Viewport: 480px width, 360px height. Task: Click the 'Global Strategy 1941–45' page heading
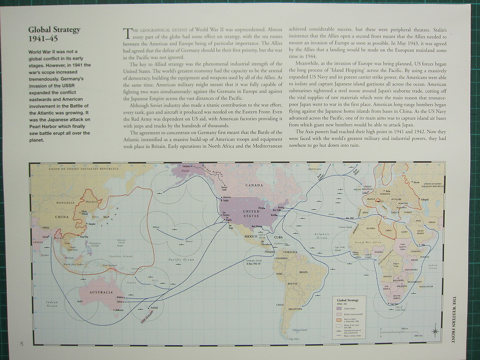(x=54, y=34)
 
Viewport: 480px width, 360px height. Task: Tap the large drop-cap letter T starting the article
(x=127, y=33)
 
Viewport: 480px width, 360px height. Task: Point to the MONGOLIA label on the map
(x=65, y=203)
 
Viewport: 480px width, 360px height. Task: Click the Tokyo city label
(x=106, y=217)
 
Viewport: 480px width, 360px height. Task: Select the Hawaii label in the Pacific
(x=189, y=241)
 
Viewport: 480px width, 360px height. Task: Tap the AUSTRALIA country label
(x=101, y=292)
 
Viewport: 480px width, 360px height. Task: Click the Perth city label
(x=79, y=301)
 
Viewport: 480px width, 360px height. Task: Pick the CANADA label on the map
(x=254, y=185)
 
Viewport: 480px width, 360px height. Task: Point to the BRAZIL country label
(x=304, y=272)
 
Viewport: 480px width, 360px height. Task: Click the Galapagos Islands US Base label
(x=252, y=262)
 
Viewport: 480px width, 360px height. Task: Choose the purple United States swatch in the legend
(x=339, y=308)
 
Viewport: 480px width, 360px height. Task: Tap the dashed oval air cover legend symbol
(x=339, y=325)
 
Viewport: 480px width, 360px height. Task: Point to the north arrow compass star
(x=435, y=331)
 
